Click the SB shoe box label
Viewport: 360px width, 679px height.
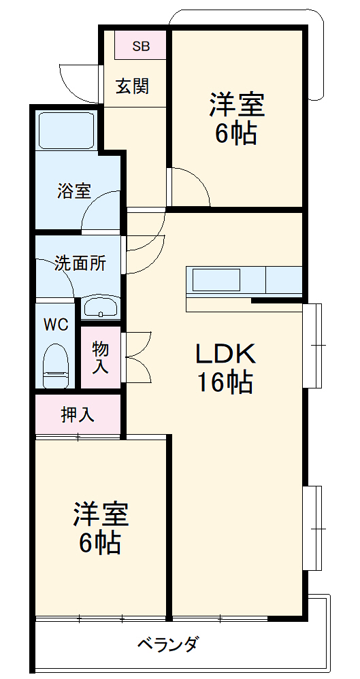(141, 46)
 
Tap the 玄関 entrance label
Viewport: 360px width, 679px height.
(133, 86)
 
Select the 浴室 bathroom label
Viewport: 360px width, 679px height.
(74, 191)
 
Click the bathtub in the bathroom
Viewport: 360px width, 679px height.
(66, 131)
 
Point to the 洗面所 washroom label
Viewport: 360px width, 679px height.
(80, 263)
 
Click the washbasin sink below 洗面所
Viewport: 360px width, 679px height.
(101, 308)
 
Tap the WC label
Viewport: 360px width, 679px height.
(56, 324)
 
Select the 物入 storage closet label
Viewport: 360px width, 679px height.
(100, 358)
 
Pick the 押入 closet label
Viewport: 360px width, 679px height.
(78, 415)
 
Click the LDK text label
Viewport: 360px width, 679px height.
(226, 354)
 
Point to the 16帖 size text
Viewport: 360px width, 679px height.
(225, 382)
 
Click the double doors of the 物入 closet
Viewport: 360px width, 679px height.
(137, 357)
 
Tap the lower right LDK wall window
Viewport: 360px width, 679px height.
(312, 529)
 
